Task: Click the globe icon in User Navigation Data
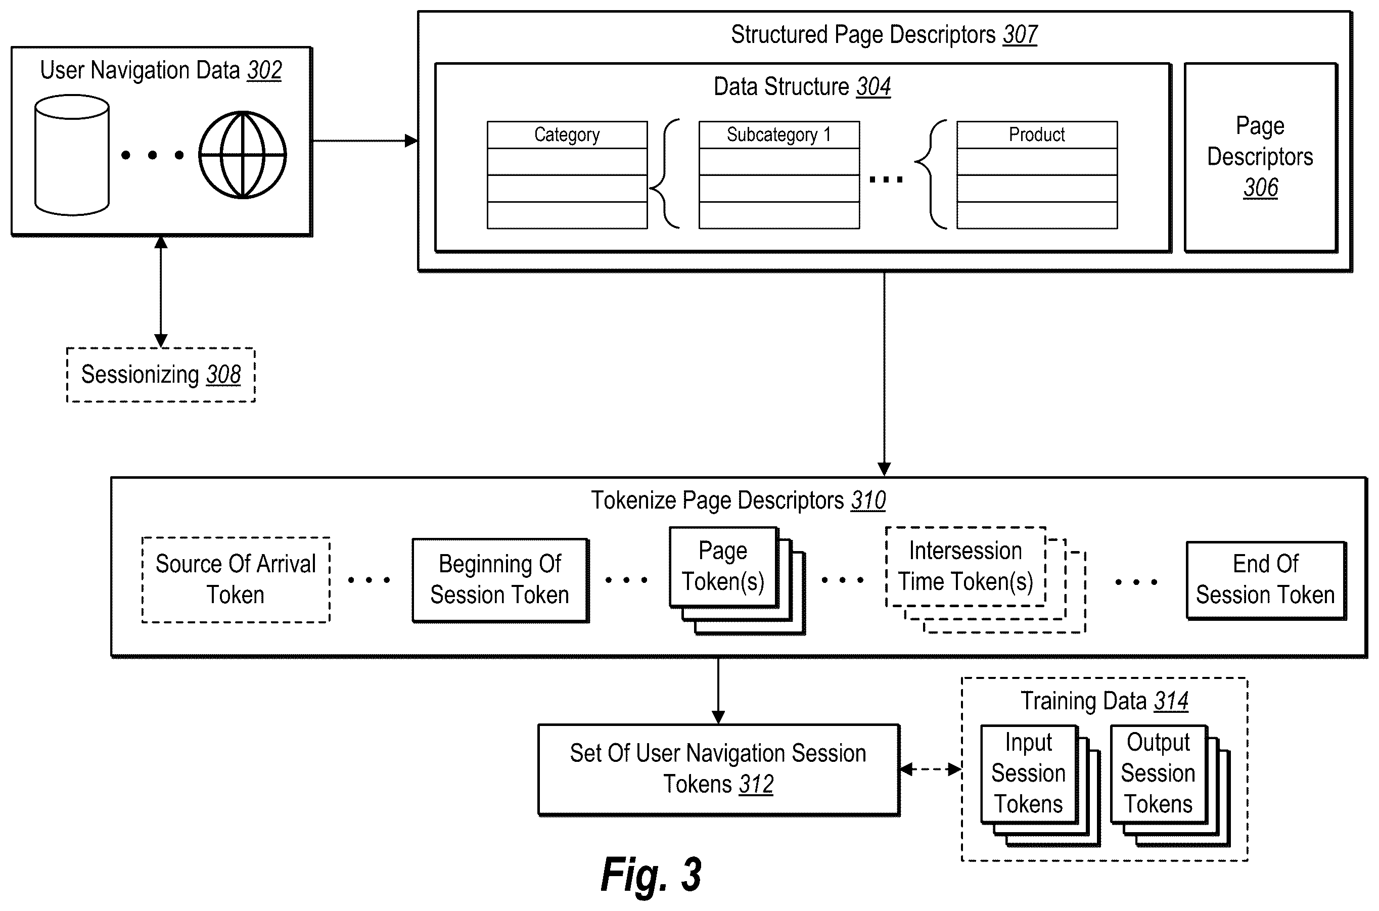[242, 155]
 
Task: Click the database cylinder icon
[72, 155]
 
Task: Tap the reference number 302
[264, 70]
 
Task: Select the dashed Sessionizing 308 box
[161, 375]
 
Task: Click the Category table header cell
[567, 135]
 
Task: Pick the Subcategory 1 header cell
[779, 135]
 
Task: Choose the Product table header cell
[1037, 135]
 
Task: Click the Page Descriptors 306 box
[1261, 157]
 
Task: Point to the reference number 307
[1020, 35]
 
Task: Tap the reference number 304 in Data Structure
[873, 87]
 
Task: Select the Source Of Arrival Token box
[236, 580]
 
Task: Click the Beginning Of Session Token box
[500, 580]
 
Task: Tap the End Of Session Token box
[1266, 580]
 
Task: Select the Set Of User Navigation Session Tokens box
[718, 769]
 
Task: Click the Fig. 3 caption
[651, 875]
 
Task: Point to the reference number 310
[868, 501]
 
